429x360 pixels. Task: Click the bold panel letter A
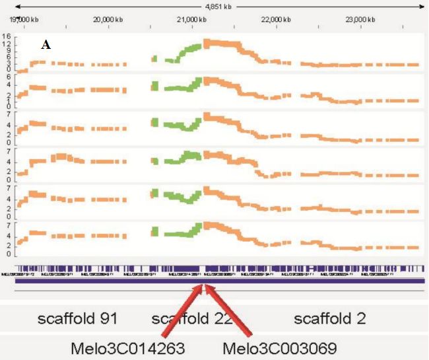(x=46, y=45)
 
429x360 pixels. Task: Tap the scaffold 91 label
(x=77, y=319)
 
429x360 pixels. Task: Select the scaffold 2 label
(x=330, y=319)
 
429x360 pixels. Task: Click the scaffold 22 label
(x=191, y=319)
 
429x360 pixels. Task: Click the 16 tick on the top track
(x=7, y=37)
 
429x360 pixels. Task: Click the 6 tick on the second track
(x=7, y=77)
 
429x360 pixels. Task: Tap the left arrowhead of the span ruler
(x=18, y=7)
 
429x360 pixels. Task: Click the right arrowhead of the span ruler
(x=420, y=7)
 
